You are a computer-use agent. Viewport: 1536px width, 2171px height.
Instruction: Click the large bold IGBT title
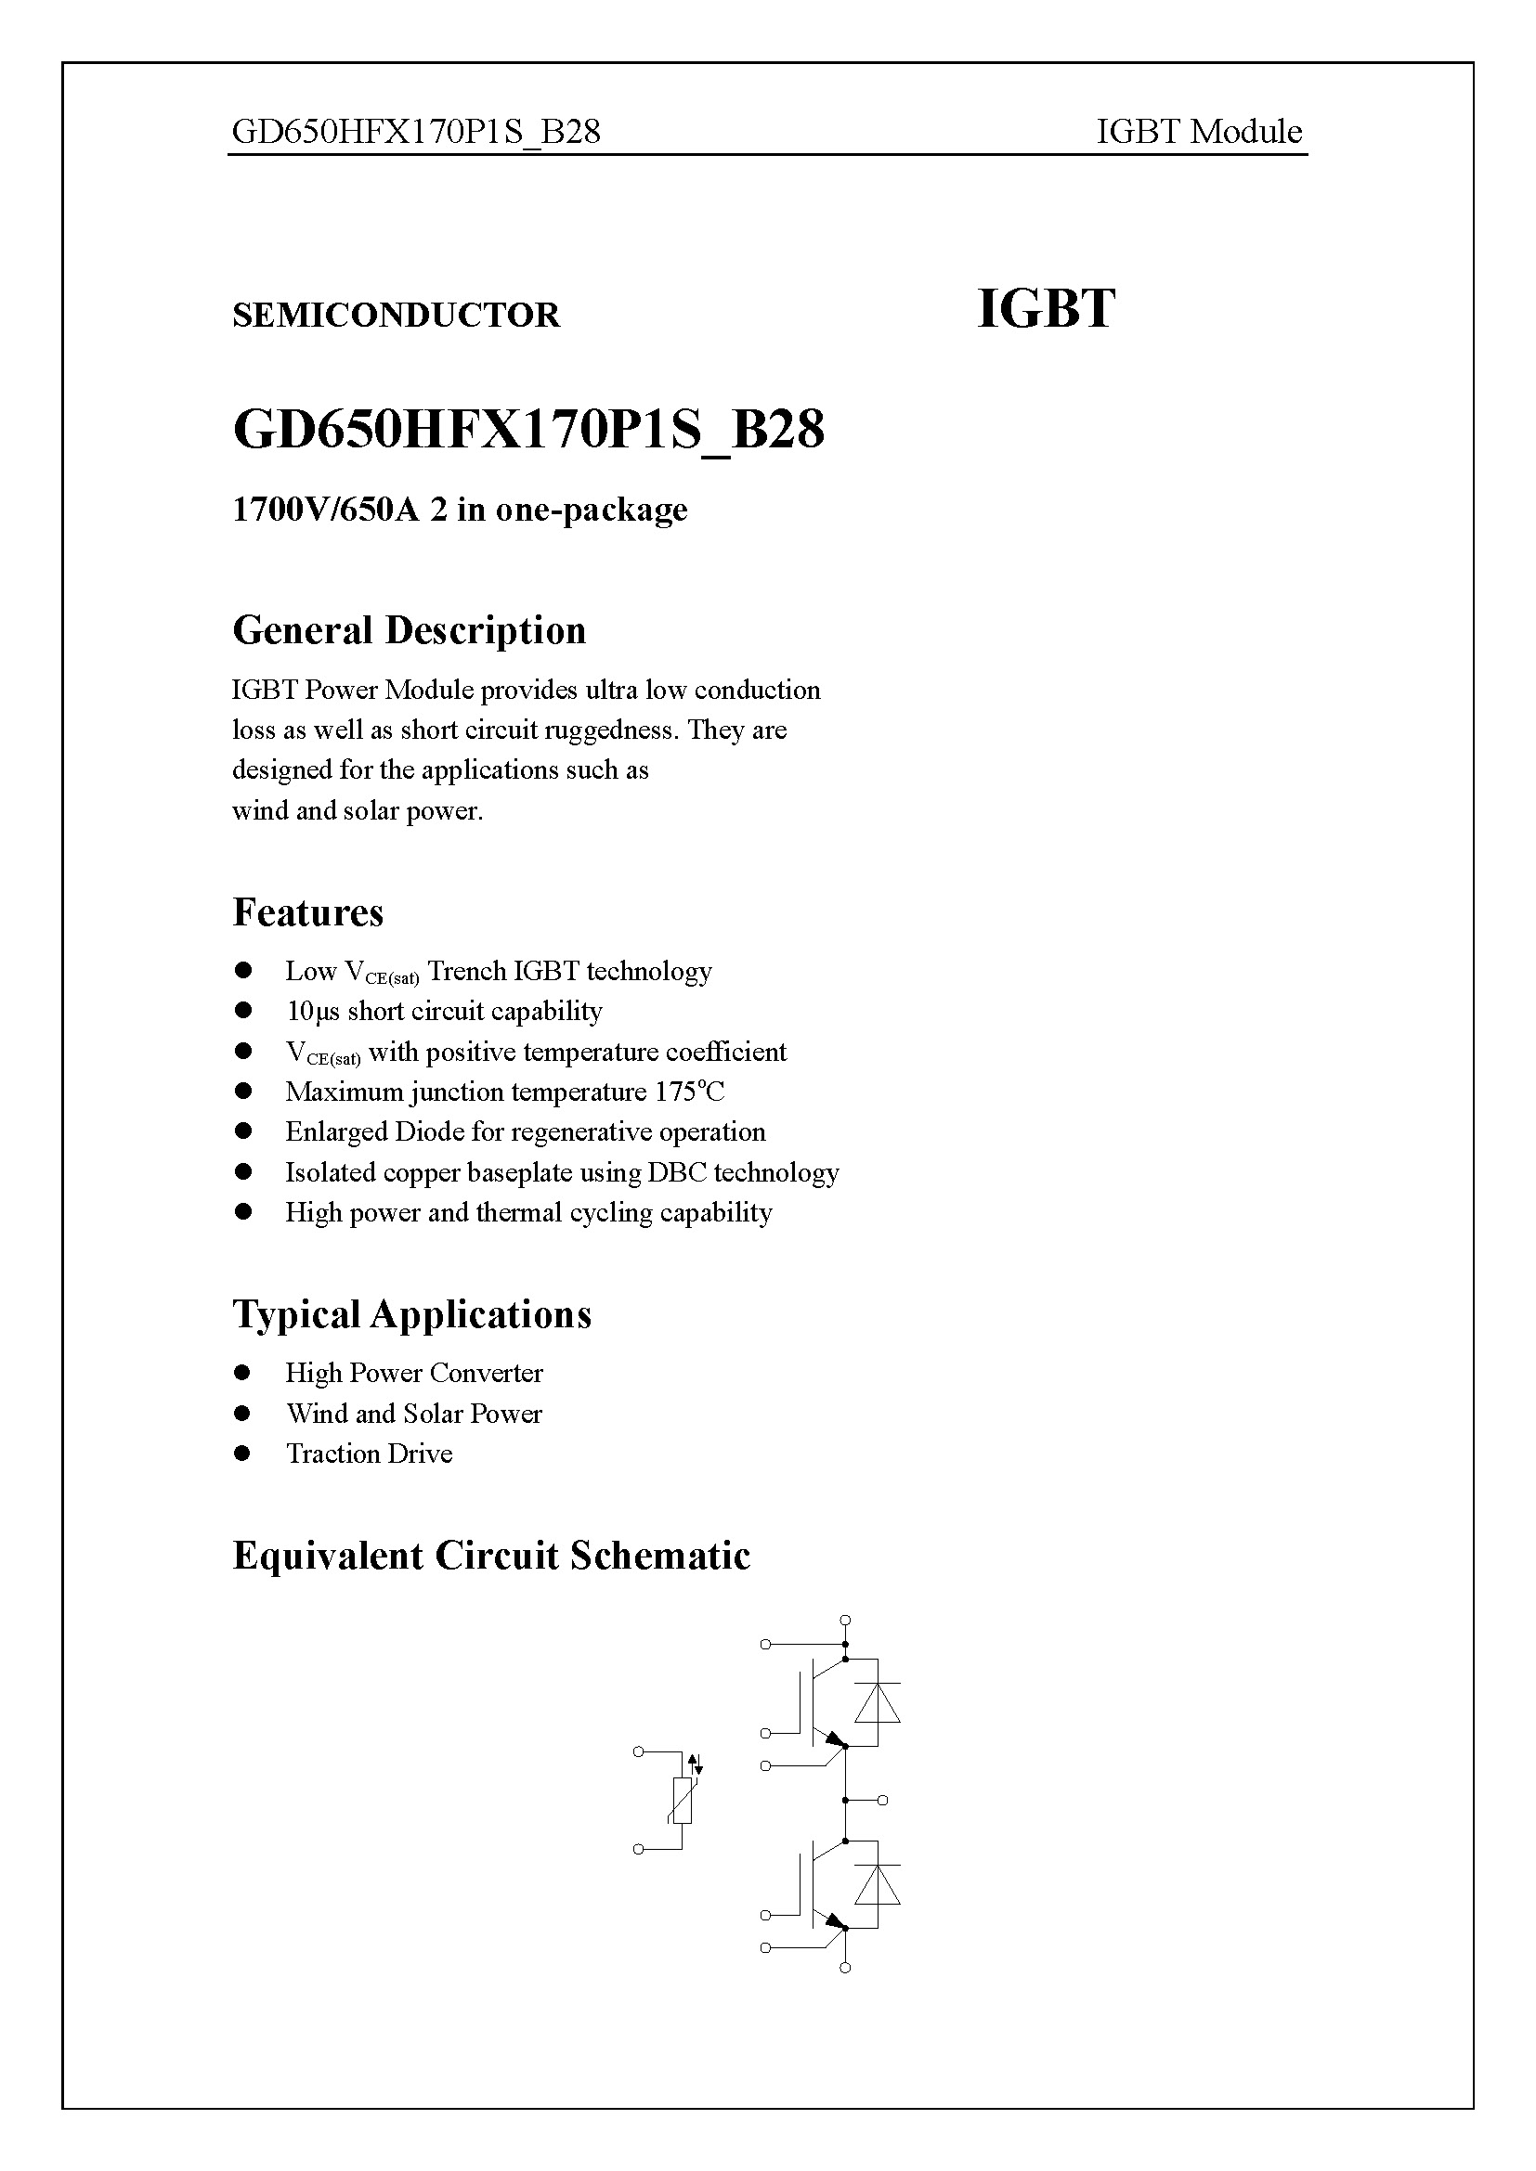coord(1045,309)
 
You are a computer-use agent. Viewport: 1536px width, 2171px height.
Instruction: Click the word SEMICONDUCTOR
coord(396,315)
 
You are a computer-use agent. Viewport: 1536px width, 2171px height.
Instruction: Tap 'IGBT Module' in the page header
coord(1198,132)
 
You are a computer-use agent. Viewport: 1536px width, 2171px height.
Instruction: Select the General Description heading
coord(409,630)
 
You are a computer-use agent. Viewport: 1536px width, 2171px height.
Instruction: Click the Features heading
coord(307,912)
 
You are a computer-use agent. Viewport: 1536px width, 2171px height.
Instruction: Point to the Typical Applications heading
coord(411,1314)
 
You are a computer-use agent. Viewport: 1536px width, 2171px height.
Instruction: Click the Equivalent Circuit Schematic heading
coord(491,1556)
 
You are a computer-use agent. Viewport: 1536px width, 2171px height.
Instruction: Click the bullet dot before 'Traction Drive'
coord(243,1454)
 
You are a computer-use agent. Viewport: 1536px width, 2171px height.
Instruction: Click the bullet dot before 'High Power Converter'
coord(243,1373)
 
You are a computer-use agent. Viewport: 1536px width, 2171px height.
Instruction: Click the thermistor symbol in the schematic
coord(682,1801)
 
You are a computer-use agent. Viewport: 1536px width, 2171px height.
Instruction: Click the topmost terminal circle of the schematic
coord(846,1621)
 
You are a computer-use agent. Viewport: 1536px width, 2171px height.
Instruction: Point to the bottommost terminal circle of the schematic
coord(846,1968)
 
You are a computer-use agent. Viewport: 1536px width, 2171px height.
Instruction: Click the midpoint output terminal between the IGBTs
coord(882,1801)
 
